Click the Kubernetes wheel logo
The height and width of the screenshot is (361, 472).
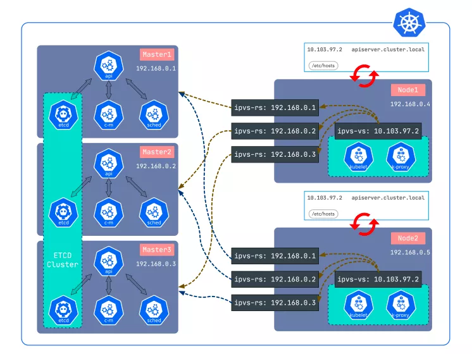(409, 23)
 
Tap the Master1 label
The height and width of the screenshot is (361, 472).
(157, 54)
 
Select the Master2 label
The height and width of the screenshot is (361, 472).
(157, 152)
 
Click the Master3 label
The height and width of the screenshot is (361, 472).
(157, 250)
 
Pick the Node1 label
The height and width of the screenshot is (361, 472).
(408, 90)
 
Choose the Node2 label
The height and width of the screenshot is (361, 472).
(408, 238)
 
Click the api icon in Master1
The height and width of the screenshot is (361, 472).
(109, 66)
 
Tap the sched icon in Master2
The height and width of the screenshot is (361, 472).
(154, 212)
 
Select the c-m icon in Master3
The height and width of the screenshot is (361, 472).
(109, 310)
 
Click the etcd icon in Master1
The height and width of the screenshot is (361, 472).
(63, 114)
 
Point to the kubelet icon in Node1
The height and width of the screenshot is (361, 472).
(359, 157)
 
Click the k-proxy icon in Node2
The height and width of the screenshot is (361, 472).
(401, 305)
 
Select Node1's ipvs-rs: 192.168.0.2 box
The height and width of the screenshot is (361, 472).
(275, 131)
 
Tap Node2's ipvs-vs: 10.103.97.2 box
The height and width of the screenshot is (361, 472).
(378, 279)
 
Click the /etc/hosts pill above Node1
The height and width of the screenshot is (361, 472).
(323, 66)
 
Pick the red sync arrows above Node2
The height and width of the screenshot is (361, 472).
(364, 224)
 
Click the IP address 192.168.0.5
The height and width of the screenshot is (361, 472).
(410, 252)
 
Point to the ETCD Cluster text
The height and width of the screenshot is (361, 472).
(63, 260)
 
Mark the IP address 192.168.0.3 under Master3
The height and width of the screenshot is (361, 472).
(156, 264)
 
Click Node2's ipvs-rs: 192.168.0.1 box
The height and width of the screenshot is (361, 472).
(275, 255)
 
